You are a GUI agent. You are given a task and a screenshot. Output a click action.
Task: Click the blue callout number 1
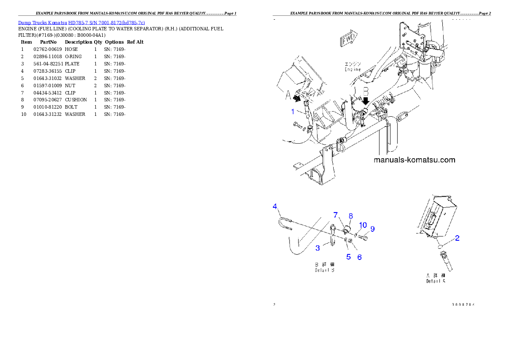(x=293, y=112)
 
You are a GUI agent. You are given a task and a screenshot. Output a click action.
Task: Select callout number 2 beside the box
(x=457, y=238)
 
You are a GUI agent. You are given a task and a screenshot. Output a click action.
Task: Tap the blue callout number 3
(x=318, y=248)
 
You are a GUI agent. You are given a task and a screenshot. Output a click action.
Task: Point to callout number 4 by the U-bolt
(x=275, y=207)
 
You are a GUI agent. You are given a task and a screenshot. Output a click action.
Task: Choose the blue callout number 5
(x=349, y=257)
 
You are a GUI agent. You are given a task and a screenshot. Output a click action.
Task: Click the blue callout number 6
(x=359, y=257)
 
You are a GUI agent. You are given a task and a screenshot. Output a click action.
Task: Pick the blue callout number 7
(x=336, y=214)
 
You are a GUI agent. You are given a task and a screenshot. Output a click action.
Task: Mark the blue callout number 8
(x=350, y=216)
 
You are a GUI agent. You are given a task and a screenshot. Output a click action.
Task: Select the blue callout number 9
(x=373, y=229)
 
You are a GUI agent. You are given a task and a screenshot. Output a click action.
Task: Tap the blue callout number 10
(x=363, y=225)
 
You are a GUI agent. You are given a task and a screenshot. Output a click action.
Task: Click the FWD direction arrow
(x=348, y=39)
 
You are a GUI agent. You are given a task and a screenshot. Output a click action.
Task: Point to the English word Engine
(x=353, y=69)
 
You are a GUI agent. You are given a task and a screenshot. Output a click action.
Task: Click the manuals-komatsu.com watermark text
(x=414, y=160)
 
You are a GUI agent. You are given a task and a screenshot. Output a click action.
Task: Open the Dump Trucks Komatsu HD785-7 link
(x=81, y=22)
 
